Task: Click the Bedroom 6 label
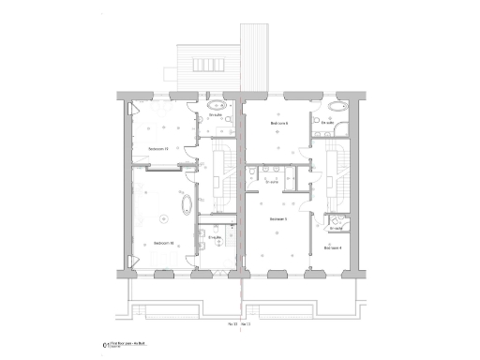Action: point(278,122)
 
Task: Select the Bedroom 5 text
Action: point(277,219)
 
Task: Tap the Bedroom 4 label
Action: point(332,247)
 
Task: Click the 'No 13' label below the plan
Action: point(233,323)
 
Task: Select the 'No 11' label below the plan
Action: point(248,323)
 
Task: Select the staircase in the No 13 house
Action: point(224,178)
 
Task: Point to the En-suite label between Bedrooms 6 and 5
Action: point(273,182)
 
